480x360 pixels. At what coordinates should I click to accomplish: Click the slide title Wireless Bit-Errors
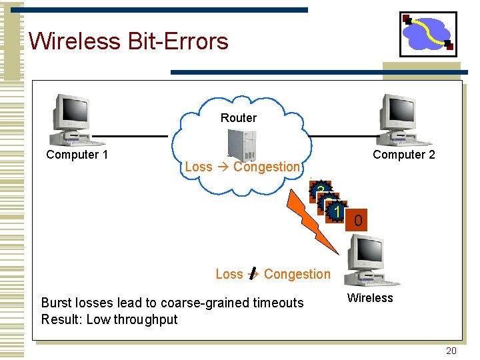coord(128,41)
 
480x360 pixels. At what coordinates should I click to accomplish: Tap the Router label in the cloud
coord(238,118)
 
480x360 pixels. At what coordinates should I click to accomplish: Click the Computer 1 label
coord(77,155)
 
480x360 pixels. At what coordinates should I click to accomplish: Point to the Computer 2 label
coord(403,155)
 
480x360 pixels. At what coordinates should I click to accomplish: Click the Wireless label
coord(370,298)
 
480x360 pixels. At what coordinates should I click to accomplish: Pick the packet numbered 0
coord(359,221)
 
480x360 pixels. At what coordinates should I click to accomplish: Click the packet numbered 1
coord(337,211)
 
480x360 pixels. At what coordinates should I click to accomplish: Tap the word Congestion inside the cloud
coord(267,167)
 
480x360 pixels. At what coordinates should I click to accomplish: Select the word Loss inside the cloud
coord(198,167)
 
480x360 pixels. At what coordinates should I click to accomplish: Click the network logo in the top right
coord(428,33)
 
